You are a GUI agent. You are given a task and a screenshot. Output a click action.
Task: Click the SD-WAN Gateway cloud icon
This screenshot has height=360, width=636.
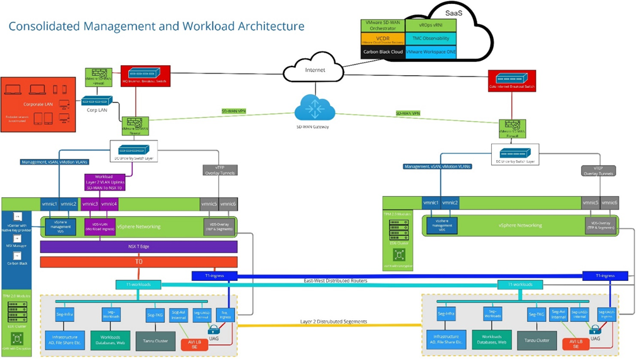coord(314,108)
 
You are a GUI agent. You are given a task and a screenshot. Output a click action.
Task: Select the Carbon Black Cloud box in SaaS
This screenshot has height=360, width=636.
coord(382,52)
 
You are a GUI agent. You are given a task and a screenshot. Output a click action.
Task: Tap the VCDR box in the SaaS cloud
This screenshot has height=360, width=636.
coord(382,39)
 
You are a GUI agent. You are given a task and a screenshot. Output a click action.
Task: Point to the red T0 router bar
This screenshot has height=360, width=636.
coord(138,261)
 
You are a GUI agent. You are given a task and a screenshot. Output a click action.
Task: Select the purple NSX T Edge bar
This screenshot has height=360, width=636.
coord(138,247)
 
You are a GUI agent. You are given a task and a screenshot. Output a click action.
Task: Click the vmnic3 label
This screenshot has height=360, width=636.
coord(90,204)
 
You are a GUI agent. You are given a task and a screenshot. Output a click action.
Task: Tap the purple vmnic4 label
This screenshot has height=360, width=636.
coord(109,204)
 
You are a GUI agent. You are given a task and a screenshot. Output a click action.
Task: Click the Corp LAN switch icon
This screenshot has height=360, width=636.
coord(96,101)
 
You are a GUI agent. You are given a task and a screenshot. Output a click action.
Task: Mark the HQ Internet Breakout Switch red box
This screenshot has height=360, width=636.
coord(145,77)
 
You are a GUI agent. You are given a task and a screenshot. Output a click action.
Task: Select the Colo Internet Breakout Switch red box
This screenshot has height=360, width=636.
coord(511,80)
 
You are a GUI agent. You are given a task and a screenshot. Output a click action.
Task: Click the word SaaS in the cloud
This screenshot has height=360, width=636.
coord(454,13)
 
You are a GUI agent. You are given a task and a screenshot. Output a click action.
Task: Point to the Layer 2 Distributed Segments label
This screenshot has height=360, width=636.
coord(333,322)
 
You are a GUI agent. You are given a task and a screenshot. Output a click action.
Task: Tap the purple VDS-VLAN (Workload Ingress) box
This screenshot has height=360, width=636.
coord(99,227)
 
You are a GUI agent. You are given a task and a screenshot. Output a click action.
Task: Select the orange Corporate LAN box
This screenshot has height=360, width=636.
coord(38,104)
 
